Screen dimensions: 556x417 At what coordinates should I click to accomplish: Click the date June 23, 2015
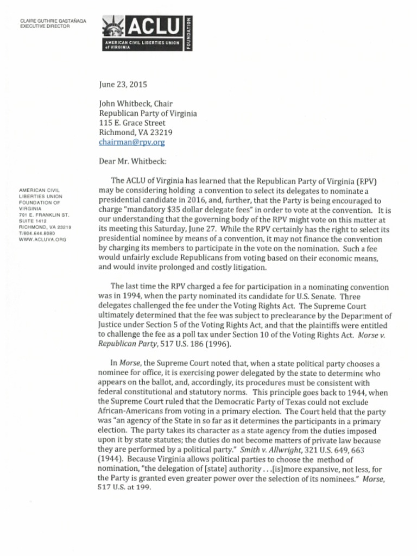pyautogui.click(x=123, y=84)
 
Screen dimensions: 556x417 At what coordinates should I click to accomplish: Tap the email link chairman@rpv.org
pyautogui.click(x=131, y=142)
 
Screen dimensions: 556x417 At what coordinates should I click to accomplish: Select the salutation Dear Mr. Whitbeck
pyautogui.click(x=132, y=161)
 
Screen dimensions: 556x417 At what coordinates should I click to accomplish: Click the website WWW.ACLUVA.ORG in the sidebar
pyautogui.click(x=42, y=239)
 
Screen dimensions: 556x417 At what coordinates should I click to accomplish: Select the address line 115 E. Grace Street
pyautogui.click(x=132, y=123)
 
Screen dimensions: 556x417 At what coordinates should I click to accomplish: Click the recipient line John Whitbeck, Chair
pyautogui.click(x=136, y=103)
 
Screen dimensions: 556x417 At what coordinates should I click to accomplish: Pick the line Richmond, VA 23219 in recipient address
pyautogui.click(x=136, y=132)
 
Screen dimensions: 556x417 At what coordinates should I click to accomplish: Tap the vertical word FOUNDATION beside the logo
pyautogui.click(x=188, y=33)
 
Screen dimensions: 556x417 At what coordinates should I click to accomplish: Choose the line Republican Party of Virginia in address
pyautogui.click(x=148, y=113)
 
